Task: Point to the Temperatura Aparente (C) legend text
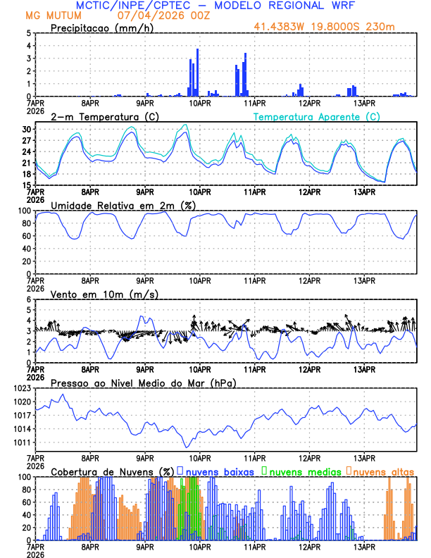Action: click(x=317, y=116)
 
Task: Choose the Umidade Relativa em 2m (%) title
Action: click(x=125, y=205)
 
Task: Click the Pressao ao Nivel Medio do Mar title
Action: click(x=143, y=383)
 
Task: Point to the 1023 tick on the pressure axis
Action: click(x=21, y=389)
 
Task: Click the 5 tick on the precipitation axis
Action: click(x=28, y=33)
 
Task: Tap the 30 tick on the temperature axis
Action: click(x=25, y=130)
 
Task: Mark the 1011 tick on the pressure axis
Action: click(x=21, y=442)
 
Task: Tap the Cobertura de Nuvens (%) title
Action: click(x=112, y=471)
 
